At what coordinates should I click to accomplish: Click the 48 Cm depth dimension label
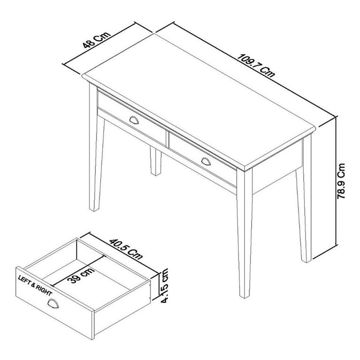click(96, 39)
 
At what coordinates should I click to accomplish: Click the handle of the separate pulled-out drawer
click(52, 305)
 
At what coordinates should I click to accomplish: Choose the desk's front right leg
click(245, 234)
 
